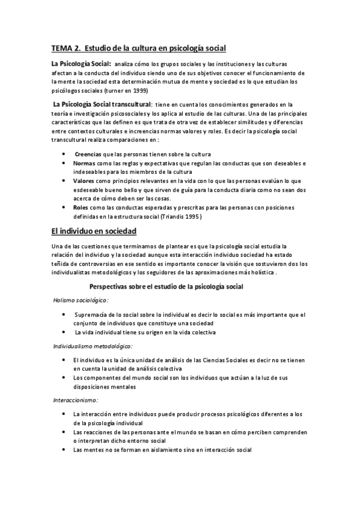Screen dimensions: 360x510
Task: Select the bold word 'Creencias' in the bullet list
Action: pyautogui.click(x=88, y=155)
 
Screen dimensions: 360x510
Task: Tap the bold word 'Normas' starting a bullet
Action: pyautogui.click(x=85, y=164)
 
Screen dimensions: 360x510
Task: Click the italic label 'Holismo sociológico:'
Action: pyautogui.click(x=81, y=300)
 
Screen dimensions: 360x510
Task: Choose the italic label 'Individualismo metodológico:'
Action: pyautogui.click(x=93, y=346)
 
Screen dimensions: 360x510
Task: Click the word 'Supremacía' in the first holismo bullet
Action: pyautogui.click(x=93, y=315)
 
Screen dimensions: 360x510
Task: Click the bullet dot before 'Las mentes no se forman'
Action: pyautogui.click(x=64, y=449)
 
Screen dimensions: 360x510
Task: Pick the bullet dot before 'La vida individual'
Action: pyautogui.click(x=64, y=332)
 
